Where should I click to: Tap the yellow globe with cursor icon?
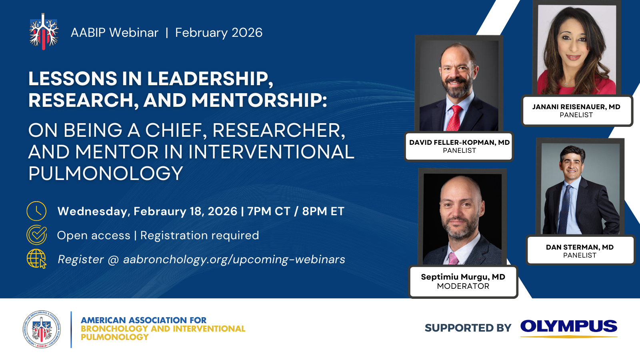(x=36, y=258)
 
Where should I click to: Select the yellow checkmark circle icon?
(x=36, y=235)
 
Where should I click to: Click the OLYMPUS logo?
(x=568, y=328)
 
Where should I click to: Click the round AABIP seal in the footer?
(x=42, y=329)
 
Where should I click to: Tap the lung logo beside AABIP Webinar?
(x=44, y=32)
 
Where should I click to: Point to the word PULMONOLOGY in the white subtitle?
(x=106, y=173)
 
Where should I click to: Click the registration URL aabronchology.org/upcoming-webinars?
(x=234, y=260)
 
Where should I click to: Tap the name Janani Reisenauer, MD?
(x=576, y=107)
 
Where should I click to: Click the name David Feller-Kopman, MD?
(x=460, y=142)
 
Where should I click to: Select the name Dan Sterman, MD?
(x=580, y=247)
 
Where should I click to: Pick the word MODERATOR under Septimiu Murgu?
(x=463, y=286)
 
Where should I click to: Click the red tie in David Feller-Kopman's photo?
(x=454, y=118)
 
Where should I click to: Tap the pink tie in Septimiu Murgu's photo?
(x=454, y=258)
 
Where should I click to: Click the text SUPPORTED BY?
(x=468, y=328)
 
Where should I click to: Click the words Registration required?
(x=200, y=236)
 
